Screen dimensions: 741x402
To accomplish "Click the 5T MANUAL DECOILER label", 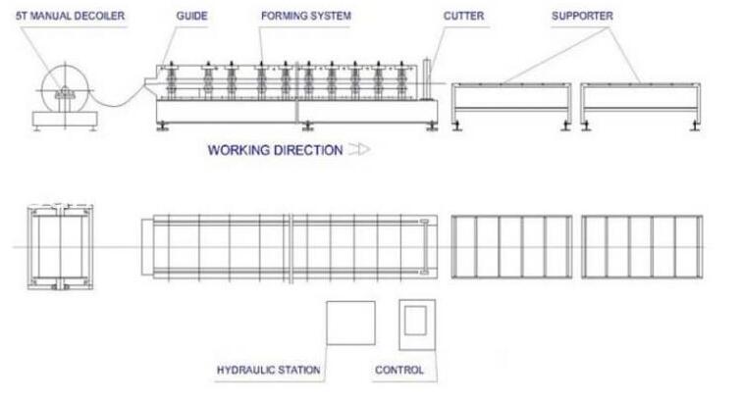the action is [x=71, y=16].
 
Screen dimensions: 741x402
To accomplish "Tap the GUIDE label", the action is [x=191, y=16].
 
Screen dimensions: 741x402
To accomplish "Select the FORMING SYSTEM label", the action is [x=306, y=16].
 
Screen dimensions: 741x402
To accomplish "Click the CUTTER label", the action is [x=463, y=16].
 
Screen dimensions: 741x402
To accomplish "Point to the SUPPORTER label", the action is [x=582, y=16].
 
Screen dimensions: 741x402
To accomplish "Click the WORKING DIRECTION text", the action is [x=275, y=150].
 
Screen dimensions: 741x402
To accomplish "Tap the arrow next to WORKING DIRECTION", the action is [x=359, y=150].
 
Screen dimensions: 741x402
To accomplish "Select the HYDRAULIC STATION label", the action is [x=268, y=370].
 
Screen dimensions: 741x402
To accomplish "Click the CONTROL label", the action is [x=399, y=370].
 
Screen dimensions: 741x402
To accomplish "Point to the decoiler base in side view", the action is [x=65, y=119].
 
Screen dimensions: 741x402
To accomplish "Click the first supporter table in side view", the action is [x=511, y=85].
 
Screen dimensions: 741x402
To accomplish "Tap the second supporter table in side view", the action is [x=640, y=85].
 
